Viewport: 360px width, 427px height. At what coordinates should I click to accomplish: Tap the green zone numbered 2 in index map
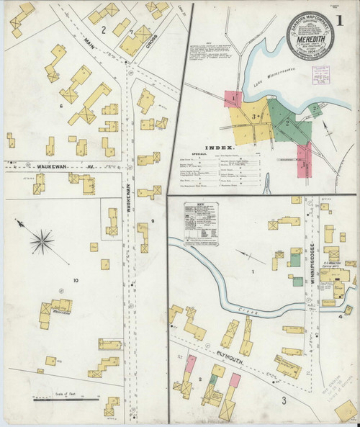pos(287,122)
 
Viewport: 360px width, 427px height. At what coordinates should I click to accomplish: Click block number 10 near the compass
pos(74,279)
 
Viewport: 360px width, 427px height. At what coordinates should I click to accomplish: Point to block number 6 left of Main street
pos(62,106)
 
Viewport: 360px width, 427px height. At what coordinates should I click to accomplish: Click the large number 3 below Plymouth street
pos(284,400)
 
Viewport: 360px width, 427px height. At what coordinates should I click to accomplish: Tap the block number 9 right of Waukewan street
pos(153,220)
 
